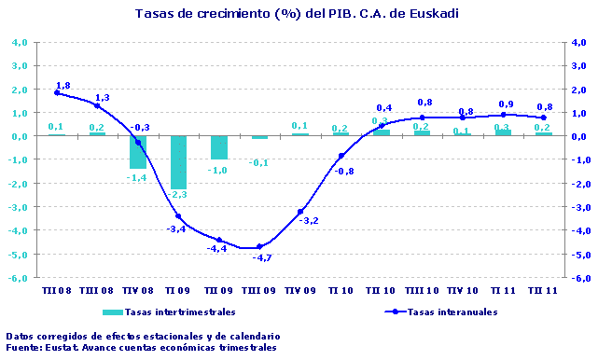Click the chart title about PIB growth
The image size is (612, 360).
(297, 13)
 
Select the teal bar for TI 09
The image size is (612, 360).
(178, 162)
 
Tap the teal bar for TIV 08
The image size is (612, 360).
(138, 152)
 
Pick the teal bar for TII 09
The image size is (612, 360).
(219, 147)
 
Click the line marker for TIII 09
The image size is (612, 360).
(259, 247)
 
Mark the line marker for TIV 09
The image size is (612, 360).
(300, 212)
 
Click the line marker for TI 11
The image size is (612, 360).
(503, 115)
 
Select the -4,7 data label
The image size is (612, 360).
(261, 257)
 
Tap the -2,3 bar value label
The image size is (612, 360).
(178, 195)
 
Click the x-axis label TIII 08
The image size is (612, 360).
(97, 290)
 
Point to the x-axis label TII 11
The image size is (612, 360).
(544, 290)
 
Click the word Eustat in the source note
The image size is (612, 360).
(63, 348)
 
